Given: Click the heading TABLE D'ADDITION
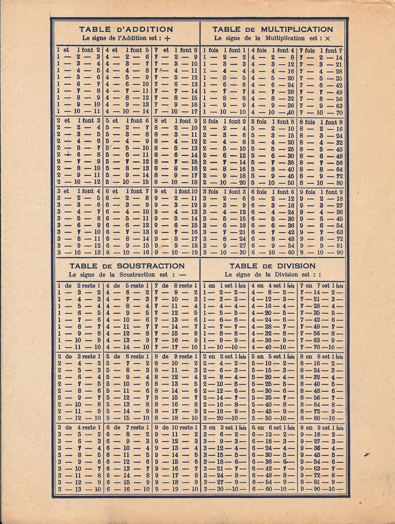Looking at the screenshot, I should click(126, 29).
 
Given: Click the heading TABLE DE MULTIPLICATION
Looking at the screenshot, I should click(272, 29).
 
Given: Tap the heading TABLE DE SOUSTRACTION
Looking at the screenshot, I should click(126, 266).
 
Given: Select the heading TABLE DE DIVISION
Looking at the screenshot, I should click(272, 266).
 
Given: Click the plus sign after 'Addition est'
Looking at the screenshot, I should click(168, 38).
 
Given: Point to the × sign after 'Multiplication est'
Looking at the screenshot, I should click(328, 38).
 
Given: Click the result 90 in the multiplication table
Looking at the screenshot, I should click(337, 253).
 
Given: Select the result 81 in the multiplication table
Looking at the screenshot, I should click(337, 246).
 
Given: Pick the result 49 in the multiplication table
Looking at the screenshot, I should click(337, 93).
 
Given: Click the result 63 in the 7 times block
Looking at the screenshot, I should click(337, 107).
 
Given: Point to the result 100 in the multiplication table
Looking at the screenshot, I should click(289, 253).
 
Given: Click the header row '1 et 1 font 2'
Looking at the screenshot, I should click(79, 51).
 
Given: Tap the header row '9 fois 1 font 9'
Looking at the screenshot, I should click(321, 192).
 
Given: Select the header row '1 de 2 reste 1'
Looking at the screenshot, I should click(79, 286).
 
